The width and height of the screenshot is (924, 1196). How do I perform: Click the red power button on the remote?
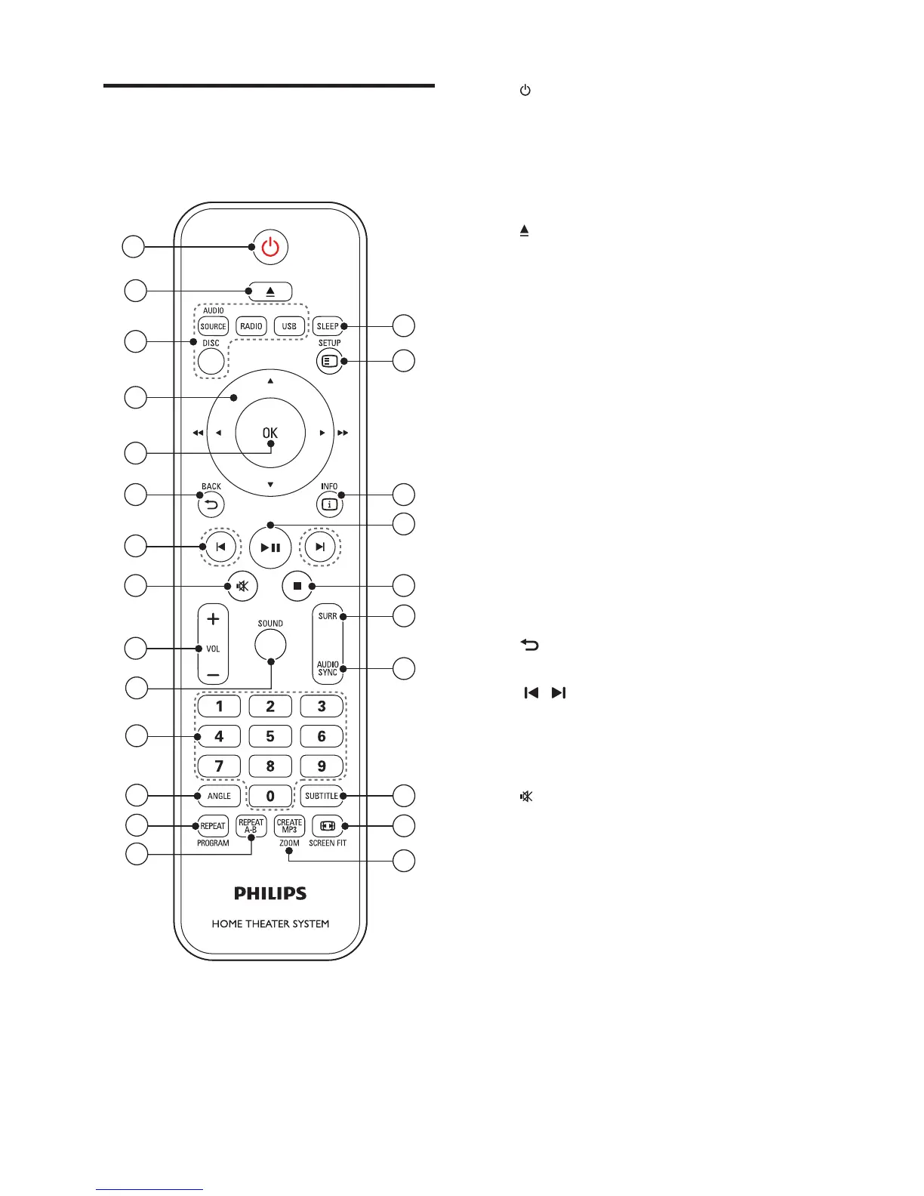pos(270,247)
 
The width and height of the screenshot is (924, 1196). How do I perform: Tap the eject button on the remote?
pos(270,291)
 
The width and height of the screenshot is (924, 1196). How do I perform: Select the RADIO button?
pos(251,326)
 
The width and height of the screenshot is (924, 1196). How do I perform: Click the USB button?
pos(289,326)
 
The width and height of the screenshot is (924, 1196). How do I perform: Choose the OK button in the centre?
pos(270,433)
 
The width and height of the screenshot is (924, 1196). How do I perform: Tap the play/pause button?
pos(270,547)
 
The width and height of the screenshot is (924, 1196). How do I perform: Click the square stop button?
pos(297,585)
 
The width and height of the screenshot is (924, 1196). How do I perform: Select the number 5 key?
pos(270,736)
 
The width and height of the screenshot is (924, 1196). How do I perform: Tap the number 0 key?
pos(270,796)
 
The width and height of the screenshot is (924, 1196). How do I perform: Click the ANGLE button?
pos(219,796)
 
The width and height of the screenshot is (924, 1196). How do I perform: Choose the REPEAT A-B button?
pos(251,826)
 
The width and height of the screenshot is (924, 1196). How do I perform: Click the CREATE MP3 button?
pos(289,826)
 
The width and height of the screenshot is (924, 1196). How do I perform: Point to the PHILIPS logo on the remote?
pos(270,894)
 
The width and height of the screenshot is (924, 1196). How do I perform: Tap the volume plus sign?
pos(213,619)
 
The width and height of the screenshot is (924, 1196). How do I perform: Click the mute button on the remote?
pos(242,585)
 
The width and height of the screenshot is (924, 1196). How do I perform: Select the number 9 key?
pos(322,766)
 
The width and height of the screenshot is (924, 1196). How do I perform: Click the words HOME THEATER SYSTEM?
pos(270,923)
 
